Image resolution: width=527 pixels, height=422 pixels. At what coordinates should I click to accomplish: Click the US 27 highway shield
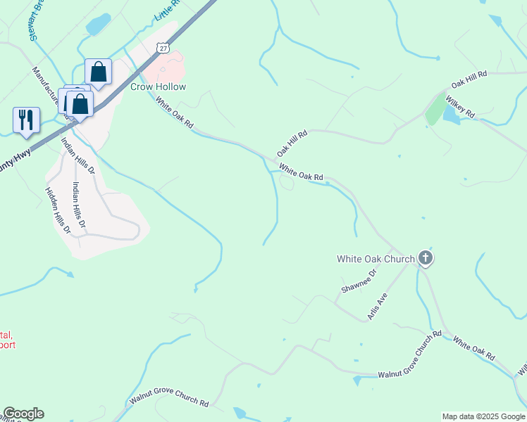point(164,47)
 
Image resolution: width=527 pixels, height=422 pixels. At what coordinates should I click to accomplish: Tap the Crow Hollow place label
point(159,87)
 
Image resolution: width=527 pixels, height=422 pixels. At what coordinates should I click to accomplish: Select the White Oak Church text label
point(376,259)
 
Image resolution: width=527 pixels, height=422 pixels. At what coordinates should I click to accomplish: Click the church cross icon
point(425,258)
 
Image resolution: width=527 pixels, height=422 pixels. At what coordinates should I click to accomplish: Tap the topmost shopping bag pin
point(98,72)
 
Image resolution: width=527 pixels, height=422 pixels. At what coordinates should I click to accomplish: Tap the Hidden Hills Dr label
point(58,210)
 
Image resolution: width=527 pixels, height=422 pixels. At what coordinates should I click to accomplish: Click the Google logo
point(23,414)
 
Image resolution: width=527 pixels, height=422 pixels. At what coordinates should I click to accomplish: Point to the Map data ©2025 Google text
point(483,416)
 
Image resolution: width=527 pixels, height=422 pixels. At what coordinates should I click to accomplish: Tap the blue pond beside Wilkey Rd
point(452,115)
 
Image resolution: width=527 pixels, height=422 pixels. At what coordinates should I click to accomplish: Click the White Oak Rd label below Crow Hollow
point(174,113)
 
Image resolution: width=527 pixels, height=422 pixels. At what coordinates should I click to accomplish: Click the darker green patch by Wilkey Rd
point(435,109)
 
